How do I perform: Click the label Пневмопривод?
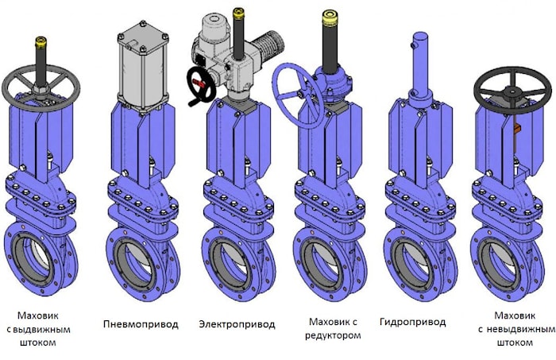141,324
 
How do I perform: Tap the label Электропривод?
237,324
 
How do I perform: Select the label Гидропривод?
412,322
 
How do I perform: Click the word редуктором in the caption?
333,335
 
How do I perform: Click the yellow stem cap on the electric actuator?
238,14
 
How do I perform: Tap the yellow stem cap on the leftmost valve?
41,42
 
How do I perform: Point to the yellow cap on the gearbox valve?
330,17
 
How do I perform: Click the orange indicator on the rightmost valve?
516,128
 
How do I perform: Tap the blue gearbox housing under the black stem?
334,85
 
